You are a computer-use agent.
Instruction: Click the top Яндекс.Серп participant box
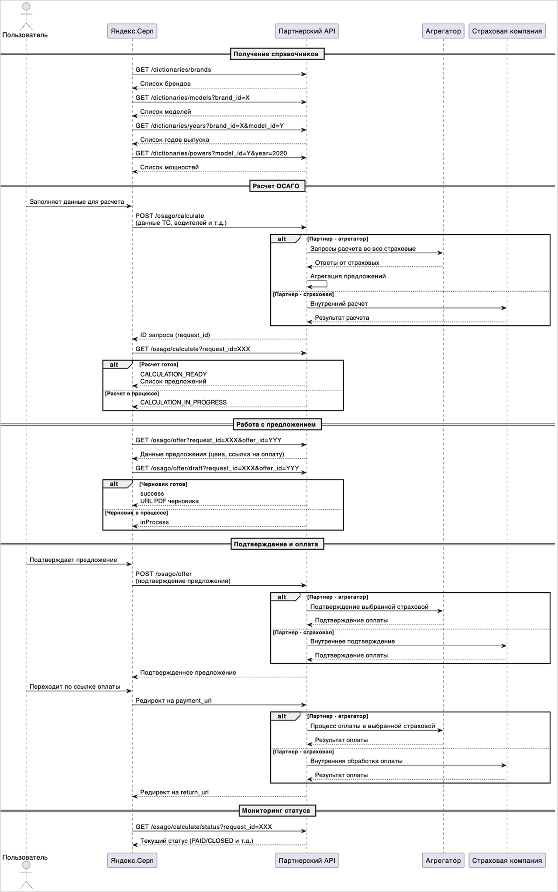click(132, 31)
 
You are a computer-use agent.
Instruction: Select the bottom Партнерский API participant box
click(307, 860)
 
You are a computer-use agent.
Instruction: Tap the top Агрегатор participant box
click(443, 31)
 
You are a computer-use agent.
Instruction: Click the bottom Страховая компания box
click(507, 860)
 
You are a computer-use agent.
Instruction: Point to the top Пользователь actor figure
click(26, 17)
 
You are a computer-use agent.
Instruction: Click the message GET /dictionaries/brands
click(173, 70)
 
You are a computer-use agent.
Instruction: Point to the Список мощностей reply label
click(169, 167)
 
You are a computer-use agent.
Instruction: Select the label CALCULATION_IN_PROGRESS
click(183, 402)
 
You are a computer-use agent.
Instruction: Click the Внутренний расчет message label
click(339, 304)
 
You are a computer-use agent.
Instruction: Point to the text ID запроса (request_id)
click(175, 335)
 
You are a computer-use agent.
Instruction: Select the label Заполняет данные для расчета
click(77, 202)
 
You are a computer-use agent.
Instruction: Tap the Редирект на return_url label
click(174, 792)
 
